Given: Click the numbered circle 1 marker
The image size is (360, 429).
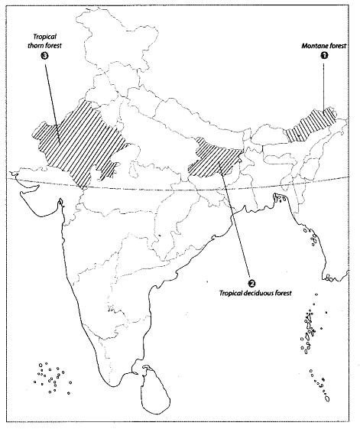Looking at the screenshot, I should click(323, 55).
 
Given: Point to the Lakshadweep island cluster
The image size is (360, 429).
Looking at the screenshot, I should click(54, 375).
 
